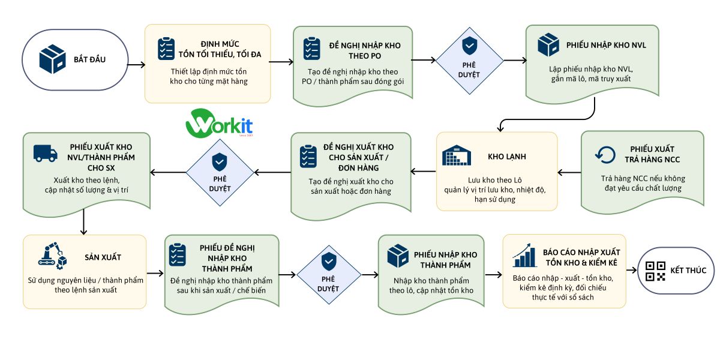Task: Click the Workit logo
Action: (219, 124)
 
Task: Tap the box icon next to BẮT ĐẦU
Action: (52, 59)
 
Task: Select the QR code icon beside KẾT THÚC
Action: (655, 271)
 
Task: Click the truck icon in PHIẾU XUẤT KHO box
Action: (46, 153)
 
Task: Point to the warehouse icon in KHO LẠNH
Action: (457, 155)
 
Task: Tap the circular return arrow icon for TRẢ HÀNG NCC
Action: (605, 155)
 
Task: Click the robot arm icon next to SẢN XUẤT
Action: (52, 256)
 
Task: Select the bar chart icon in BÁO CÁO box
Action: (524, 256)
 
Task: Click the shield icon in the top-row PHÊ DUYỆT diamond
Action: (469, 46)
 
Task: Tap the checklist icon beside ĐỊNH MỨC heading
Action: (166, 49)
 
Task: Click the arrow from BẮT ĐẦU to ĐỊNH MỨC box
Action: (136, 65)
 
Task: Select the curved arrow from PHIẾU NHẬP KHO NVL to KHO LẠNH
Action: (547, 119)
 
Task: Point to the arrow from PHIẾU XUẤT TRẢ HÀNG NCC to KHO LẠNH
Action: (569, 173)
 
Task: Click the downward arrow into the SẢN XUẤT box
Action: (83, 222)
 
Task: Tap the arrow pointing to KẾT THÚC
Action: (632, 271)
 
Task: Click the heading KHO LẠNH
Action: (507, 157)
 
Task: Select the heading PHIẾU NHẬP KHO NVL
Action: (606, 46)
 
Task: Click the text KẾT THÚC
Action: (688, 271)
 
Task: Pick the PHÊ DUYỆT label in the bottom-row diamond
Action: (328, 284)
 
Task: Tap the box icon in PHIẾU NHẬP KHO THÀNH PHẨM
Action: (398, 256)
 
